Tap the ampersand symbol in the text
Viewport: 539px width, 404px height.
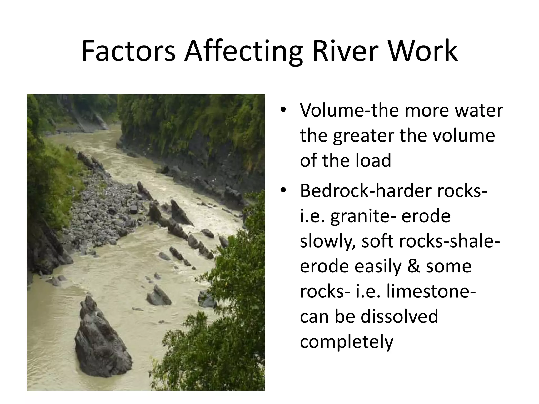414,266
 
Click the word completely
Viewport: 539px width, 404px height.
346,342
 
